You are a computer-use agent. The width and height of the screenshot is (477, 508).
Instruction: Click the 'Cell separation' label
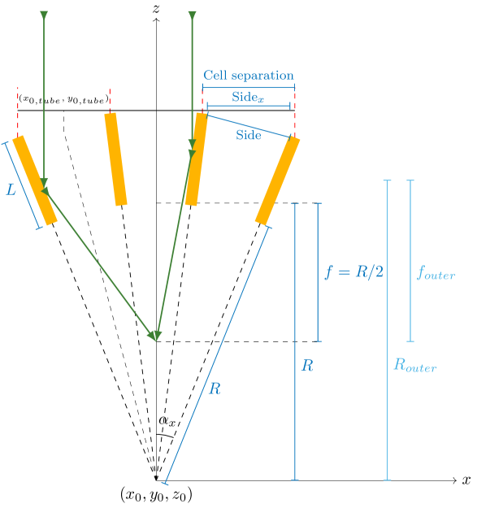(x=248, y=76)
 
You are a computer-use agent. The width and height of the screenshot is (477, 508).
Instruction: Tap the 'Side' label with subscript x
(x=249, y=97)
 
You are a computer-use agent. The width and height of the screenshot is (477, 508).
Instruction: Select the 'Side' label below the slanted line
(x=249, y=136)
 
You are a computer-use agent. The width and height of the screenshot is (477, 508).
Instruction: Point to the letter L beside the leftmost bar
(x=11, y=190)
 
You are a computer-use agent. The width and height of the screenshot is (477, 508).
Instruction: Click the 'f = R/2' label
(x=354, y=272)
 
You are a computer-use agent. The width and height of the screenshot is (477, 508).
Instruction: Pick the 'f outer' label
(x=436, y=274)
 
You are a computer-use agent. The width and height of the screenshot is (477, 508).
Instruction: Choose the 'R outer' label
(x=414, y=365)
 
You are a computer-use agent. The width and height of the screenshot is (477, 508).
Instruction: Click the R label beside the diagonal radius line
(x=215, y=389)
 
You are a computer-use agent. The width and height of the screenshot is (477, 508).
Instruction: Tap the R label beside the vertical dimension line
(x=307, y=366)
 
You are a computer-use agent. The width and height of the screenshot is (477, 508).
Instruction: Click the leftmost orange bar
(x=34, y=180)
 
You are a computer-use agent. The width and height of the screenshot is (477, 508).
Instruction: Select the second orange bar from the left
(x=115, y=159)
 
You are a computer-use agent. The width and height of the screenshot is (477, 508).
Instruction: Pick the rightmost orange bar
(x=277, y=180)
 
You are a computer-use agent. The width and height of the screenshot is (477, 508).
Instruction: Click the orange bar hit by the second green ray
(x=195, y=159)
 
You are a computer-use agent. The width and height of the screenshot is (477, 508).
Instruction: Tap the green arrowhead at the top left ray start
(x=44, y=15)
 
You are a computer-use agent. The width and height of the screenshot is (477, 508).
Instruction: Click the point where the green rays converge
(x=154, y=335)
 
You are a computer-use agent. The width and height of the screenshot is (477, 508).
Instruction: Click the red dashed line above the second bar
(x=109, y=100)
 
